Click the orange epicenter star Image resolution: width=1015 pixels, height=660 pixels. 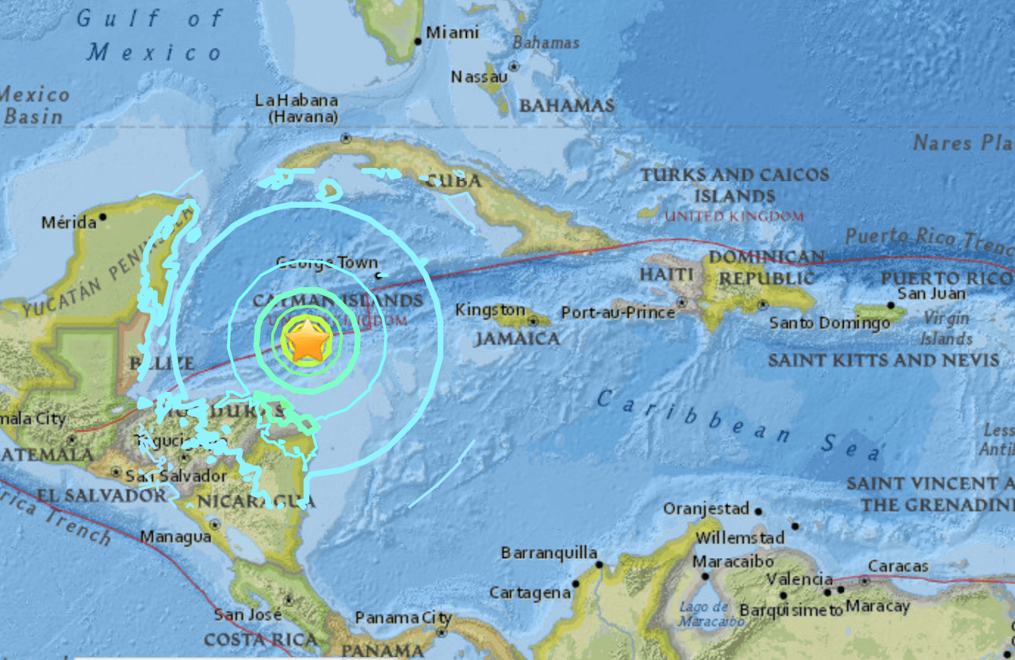click(307, 342)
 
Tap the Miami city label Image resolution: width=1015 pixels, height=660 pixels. click(452, 33)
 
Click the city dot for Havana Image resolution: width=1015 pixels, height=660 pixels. click(346, 137)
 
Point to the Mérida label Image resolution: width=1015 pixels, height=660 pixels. click(69, 222)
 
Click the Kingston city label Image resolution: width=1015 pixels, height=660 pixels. click(490, 310)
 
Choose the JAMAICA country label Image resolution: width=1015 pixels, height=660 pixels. click(516, 339)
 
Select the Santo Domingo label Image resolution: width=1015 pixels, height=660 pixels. click(829, 323)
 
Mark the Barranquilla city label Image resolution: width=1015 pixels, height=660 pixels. click(549, 552)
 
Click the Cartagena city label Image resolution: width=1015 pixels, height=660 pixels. click(530, 593)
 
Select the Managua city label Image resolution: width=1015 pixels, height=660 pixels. click(175, 537)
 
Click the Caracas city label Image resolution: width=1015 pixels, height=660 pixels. click(898, 566)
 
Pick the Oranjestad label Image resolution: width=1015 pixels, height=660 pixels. click(706, 508)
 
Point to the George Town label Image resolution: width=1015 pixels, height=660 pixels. click(327, 263)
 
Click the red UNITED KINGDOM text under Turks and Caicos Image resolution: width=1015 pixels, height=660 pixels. click(733, 216)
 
